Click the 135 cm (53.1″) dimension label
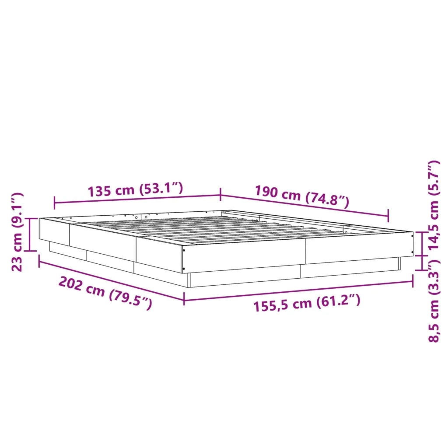coord(135,189)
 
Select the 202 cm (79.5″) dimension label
coord(105,293)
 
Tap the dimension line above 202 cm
coord(111,280)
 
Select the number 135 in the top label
coord(99,191)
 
